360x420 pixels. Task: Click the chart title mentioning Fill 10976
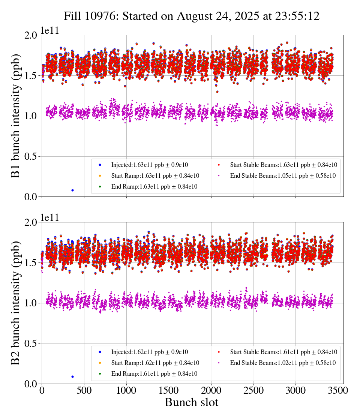191,16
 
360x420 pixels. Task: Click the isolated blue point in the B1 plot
72,190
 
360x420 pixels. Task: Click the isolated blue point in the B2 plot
72,376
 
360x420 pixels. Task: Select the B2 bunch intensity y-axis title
16,303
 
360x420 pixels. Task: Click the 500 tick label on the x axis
84,390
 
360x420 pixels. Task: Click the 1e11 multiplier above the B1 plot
50,31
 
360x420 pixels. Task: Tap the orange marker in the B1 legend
100,176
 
